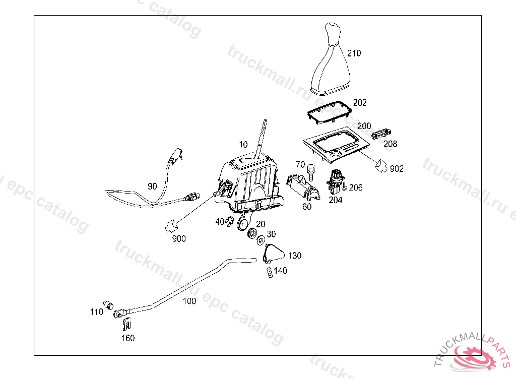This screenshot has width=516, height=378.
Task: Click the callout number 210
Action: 354,53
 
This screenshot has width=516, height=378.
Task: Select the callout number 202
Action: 360,103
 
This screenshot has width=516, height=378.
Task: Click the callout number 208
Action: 391,144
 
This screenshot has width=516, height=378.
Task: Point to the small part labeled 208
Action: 381,134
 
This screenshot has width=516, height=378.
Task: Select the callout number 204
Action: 336,200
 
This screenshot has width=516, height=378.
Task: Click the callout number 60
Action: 307,206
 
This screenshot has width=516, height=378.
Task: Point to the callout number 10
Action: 243,145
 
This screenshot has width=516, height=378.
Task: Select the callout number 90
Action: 152,186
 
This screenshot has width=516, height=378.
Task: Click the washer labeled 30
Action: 261,239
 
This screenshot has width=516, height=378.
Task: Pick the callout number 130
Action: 295,256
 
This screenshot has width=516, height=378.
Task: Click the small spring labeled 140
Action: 270,272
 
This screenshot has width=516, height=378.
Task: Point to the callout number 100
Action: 189,301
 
